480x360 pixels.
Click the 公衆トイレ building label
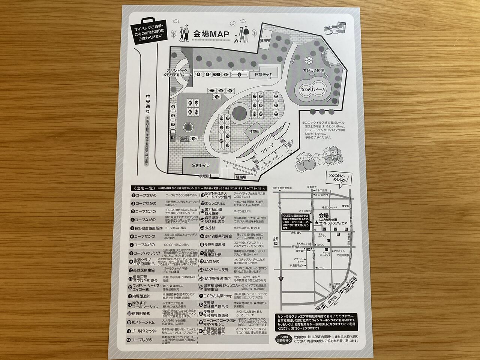point(201,165)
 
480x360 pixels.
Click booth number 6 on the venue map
point(239,75)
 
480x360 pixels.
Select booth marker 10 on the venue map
point(217,97)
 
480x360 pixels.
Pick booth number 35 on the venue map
point(276,114)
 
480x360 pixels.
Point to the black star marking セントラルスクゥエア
point(317,223)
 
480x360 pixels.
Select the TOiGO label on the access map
point(319,244)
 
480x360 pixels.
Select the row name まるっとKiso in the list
point(216,202)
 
